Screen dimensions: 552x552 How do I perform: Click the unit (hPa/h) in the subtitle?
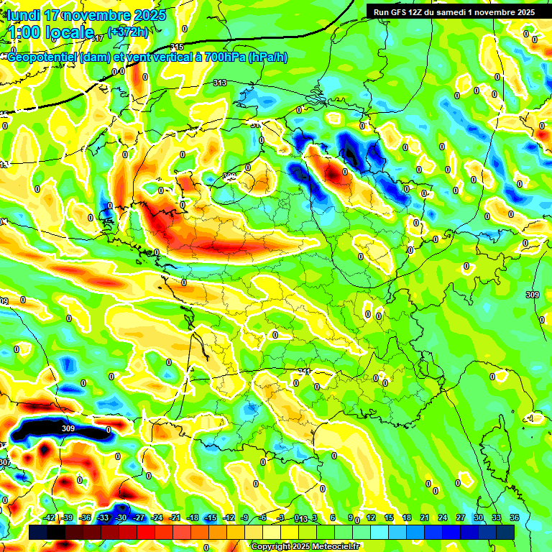pos(267,57)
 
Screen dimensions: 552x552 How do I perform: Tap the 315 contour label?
pos(178,47)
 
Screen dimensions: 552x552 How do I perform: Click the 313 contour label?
pos(220,83)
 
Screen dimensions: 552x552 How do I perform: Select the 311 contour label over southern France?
pos(304,372)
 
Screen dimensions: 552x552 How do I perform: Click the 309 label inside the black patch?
pos(68,428)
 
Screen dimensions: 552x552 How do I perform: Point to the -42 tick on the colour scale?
pos(50,517)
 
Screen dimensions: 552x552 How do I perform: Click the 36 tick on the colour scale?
pos(515,517)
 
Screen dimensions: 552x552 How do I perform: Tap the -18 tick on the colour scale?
pos(192,517)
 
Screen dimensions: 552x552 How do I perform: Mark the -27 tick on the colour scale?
pos(139,517)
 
